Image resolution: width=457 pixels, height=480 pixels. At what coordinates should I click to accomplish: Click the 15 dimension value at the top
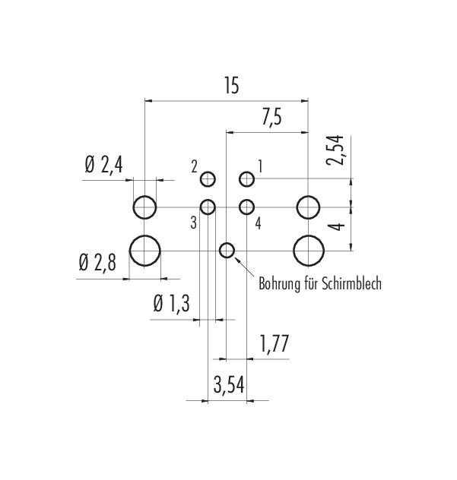tap(231, 85)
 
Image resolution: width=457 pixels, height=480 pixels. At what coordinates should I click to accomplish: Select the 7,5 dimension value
tap(271, 117)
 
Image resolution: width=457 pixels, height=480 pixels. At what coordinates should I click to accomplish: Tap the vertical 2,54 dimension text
tap(335, 150)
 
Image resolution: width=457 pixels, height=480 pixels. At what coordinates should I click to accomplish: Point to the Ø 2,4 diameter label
tap(103, 166)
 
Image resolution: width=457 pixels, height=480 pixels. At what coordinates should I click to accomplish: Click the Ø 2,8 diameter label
tap(97, 264)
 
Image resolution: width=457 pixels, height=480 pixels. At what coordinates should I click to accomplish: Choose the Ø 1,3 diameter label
tap(172, 304)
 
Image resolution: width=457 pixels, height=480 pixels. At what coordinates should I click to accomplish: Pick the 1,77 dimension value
tap(275, 344)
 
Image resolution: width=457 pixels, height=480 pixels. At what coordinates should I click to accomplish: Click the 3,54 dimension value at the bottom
tap(229, 385)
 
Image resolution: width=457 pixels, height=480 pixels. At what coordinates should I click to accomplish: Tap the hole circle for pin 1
tap(246, 172)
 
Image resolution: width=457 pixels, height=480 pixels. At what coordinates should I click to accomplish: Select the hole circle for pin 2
tap(208, 172)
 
